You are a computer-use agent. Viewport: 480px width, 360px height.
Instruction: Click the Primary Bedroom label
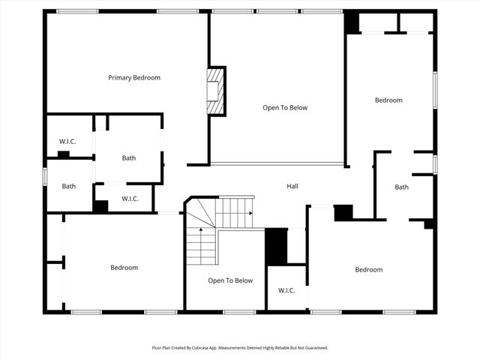pos(134,77)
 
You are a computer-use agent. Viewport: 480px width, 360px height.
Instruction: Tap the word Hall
pos(292,186)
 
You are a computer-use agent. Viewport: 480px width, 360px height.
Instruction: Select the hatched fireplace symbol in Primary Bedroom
pos(216,91)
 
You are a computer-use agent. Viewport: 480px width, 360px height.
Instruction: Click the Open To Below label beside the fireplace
pos(285,107)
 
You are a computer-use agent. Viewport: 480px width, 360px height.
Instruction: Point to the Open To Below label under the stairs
pos(230,280)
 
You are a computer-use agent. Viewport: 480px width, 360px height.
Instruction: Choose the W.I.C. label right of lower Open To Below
pos(286,290)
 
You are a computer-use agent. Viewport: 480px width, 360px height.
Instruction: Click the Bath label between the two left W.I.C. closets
pos(129,157)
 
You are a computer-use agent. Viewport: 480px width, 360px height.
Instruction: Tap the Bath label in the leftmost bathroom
pos(69,186)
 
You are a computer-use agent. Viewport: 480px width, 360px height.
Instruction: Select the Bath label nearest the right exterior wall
pos(402,187)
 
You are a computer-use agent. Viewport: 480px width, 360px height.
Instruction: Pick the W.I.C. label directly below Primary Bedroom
pos(68,142)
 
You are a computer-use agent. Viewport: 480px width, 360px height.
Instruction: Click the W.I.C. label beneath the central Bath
pos(129,199)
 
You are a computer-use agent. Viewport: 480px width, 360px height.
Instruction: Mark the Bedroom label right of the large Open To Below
pos(388,100)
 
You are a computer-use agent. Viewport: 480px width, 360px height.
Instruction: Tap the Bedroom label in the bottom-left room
pos(124,268)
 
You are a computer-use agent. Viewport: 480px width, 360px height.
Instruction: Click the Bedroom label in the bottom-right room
pos(369,269)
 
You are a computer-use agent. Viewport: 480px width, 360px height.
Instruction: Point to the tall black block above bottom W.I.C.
pos(276,246)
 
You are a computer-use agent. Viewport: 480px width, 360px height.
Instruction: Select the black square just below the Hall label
pos(343,212)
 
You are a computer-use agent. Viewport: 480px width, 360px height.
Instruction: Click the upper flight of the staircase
pos(235,212)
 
